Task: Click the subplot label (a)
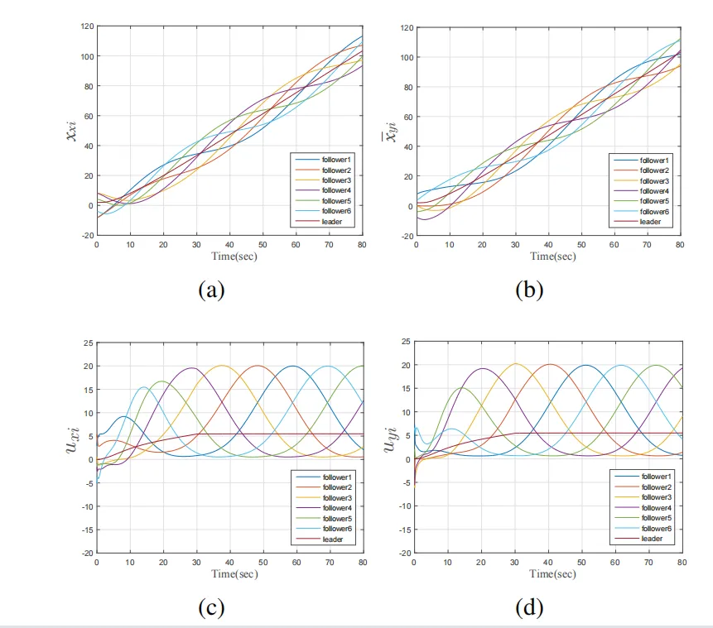click(x=212, y=289)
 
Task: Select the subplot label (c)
click(x=212, y=608)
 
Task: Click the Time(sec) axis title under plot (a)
click(x=230, y=256)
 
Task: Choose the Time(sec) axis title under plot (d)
click(x=548, y=573)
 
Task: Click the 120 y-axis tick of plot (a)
click(x=87, y=26)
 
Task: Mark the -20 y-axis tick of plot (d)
click(x=405, y=553)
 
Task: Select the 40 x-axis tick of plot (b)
click(x=548, y=245)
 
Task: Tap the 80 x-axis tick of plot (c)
click(x=363, y=563)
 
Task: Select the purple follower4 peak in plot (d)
click(x=483, y=368)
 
